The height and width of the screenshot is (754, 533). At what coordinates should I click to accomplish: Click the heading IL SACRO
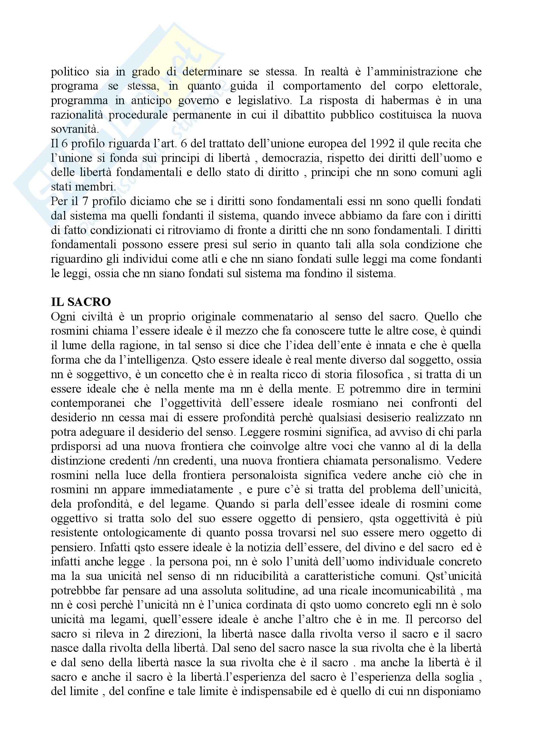[81, 302]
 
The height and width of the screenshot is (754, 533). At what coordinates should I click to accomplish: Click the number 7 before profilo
[85, 201]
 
